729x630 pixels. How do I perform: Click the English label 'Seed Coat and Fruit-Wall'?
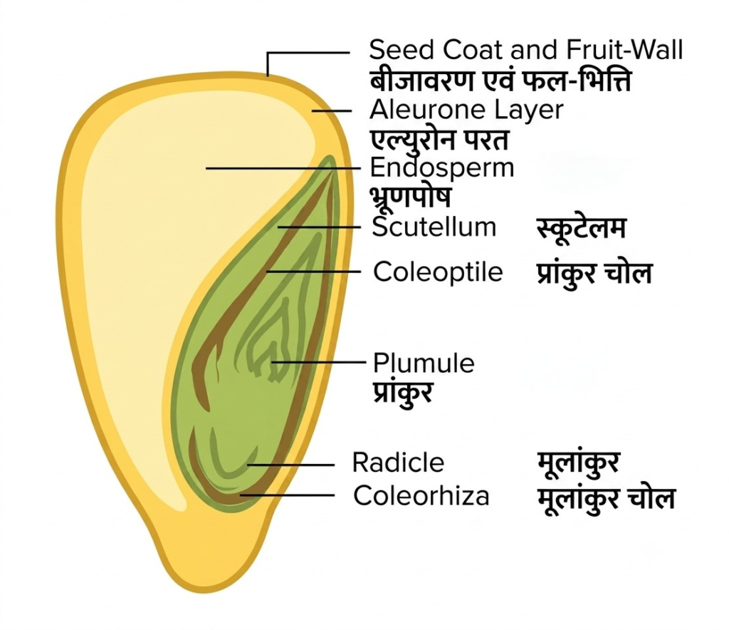pyautogui.click(x=526, y=49)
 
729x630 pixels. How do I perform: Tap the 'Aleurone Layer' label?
pyautogui.click(x=466, y=110)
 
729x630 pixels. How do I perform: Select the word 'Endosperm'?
pyautogui.click(x=442, y=168)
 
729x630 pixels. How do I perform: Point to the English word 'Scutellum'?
pyautogui.click(x=434, y=227)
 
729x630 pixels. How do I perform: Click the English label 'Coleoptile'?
pyautogui.click(x=438, y=272)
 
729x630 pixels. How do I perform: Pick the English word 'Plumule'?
pyautogui.click(x=424, y=363)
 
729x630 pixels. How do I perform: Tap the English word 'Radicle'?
pyautogui.click(x=398, y=463)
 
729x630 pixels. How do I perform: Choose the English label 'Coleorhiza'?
pyautogui.click(x=421, y=495)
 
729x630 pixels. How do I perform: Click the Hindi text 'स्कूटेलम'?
pyautogui.click(x=581, y=229)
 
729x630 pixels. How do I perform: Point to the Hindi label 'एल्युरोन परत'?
pyautogui.click(x=439, y=140)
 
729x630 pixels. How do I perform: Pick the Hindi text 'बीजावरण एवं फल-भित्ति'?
pyautogui.click(x=500, y=80)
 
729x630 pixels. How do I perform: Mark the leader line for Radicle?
pyautogui.click(x=290, y=465)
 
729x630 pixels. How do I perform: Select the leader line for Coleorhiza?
pyautogui.click(x=287, y=495)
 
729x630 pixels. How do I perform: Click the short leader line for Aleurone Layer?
pyautogui.click(x=332, y=110)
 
